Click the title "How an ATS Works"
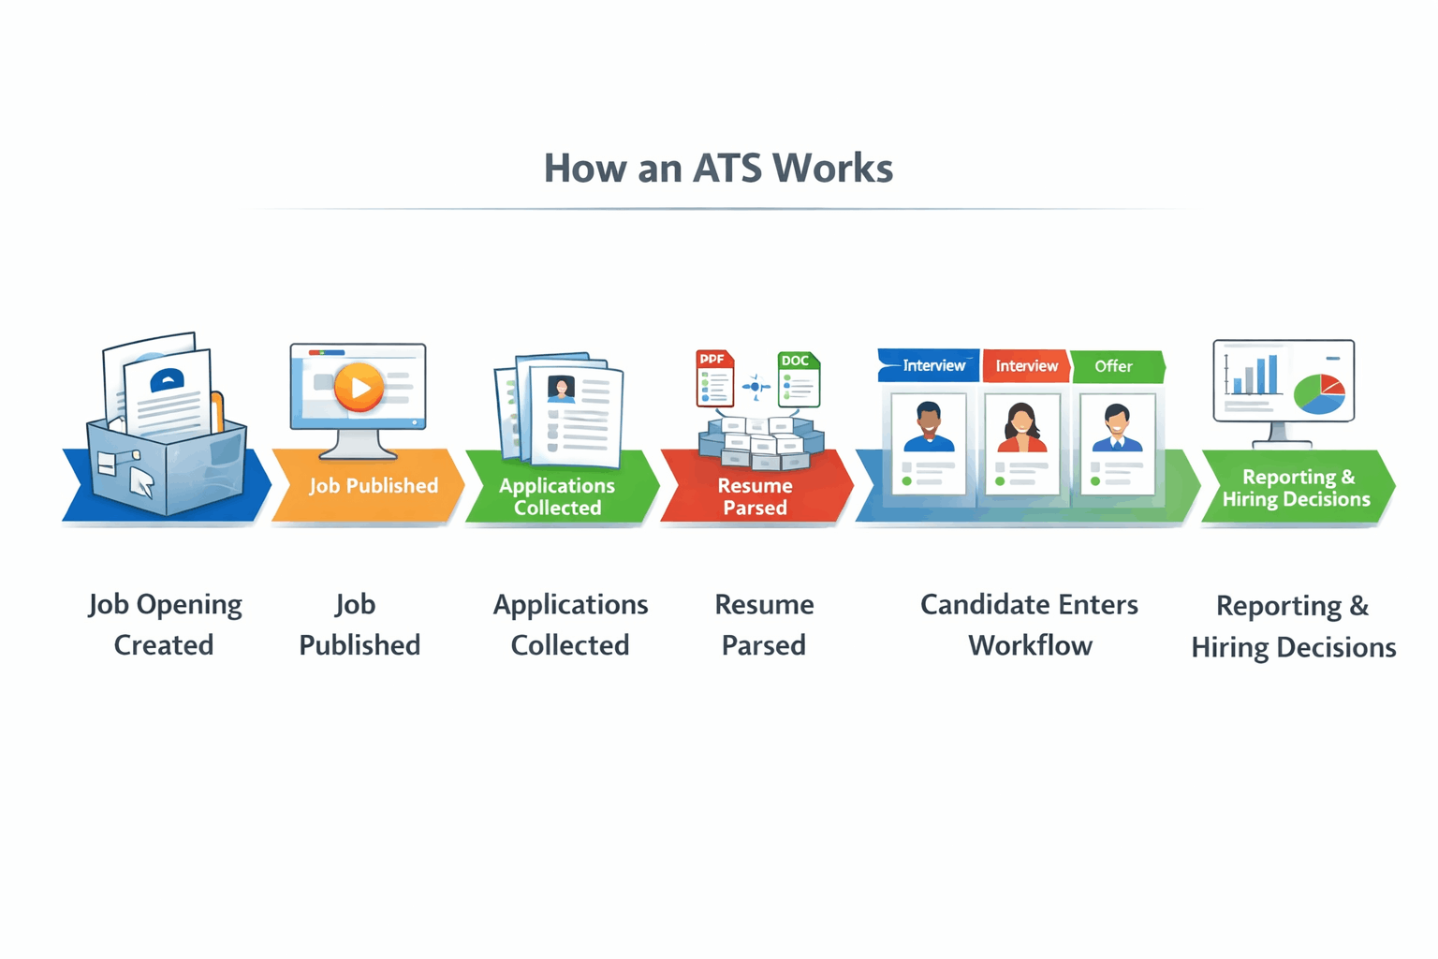[x=718, y=169]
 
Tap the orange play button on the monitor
[x=359, y=387]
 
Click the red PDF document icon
[x=714, y=378]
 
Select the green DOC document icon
[x=799, y=379]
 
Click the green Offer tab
[x=1115, y=366]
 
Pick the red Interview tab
[x=1026, y=366]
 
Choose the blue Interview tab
[x=931, y=366]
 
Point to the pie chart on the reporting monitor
[x=1320, y=394]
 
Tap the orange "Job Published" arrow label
[x=373, y=486]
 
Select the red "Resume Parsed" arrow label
[x=755, y=496]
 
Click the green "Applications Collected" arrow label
[x=558, y=496]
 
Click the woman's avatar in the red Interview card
[x=1021, y=428]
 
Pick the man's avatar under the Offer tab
[x=1117, y=428]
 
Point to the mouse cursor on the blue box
[x=140, y=481]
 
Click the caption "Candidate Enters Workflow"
[x=1029, y=625]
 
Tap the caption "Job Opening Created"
[x=165, y=625]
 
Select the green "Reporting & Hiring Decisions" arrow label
[x=1297, y=488]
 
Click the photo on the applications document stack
[x=561, y=389]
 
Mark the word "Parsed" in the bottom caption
[x=763, y=645]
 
